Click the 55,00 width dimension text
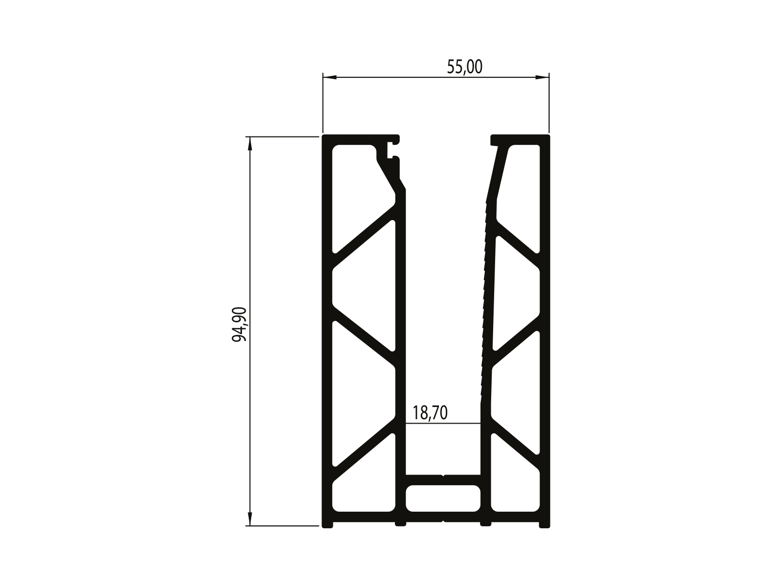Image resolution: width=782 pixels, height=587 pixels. coord(465,67)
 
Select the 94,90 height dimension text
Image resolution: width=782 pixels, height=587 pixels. coord(239,325)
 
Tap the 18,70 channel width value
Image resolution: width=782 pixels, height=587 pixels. coord(430,413)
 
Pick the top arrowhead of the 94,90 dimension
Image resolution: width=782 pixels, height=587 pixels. coord(250,143)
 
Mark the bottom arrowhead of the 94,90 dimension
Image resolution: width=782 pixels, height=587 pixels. coord(250,519)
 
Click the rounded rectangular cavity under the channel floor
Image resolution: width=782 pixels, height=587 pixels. coord(443,498)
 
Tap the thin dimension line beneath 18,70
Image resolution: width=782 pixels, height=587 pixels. coord(443,424)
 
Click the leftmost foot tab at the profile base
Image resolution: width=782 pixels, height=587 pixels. coord(327,525)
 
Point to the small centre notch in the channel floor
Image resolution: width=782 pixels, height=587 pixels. coord(443,475)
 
